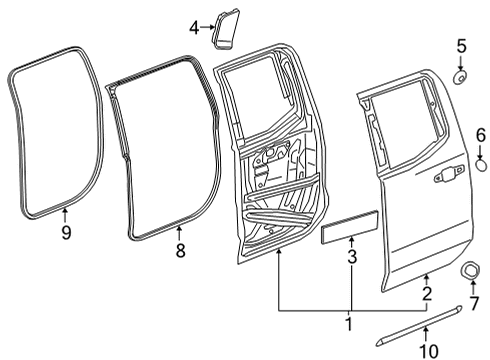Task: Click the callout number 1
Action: [x=348, y=325]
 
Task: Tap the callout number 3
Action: [x=350, y=260]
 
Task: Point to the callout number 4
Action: [x=194, y=29]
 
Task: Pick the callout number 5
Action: [x=461, y=45]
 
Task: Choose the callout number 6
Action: [x=479, y=134]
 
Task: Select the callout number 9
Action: [x=65, y=234]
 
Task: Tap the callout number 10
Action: [x=427, y=348]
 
